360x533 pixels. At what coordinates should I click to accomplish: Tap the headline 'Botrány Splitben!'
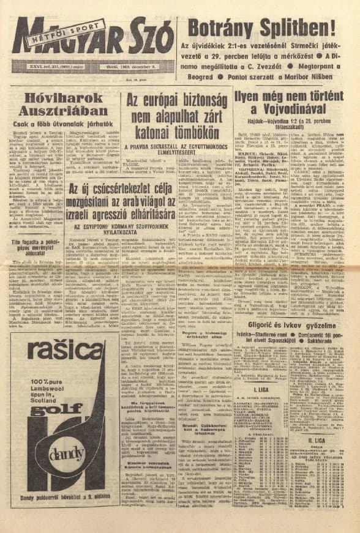click(262, 28)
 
